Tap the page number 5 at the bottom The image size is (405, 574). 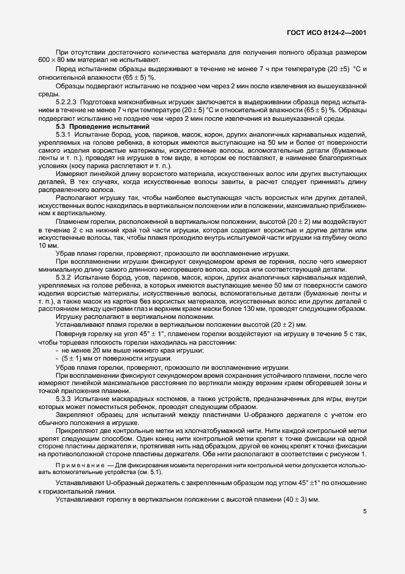click(x=365, y=511)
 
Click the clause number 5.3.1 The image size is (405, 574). click(x=64, y=134)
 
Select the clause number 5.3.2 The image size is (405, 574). click(x=64, y=278)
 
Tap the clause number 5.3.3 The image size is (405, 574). click(x=64, y=399)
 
